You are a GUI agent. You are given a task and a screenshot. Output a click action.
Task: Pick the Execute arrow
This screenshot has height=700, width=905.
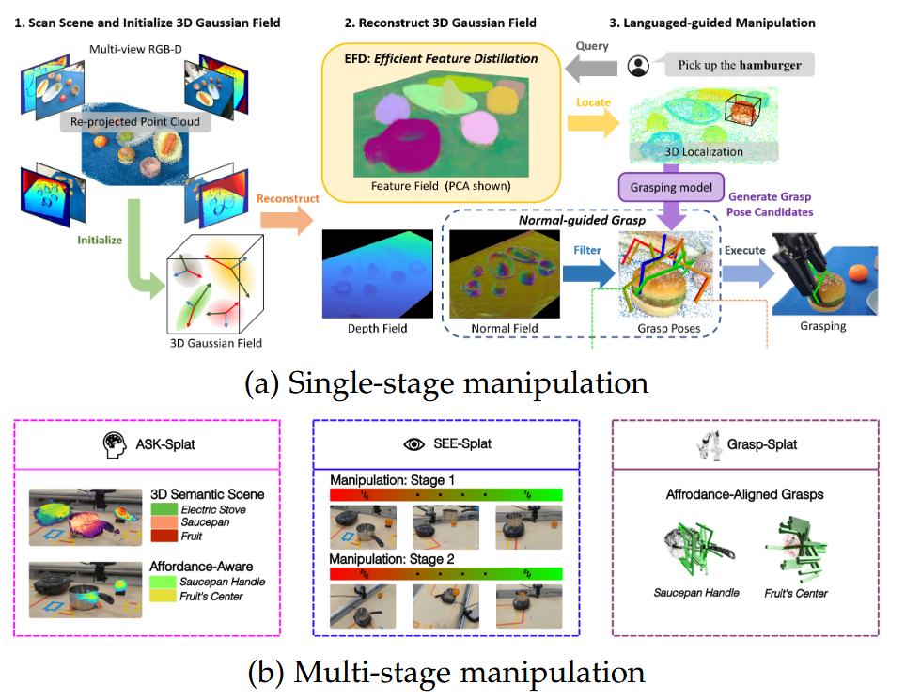pos(747,275)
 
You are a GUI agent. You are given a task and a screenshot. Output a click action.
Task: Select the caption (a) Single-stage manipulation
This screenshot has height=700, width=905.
pos(445,383)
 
